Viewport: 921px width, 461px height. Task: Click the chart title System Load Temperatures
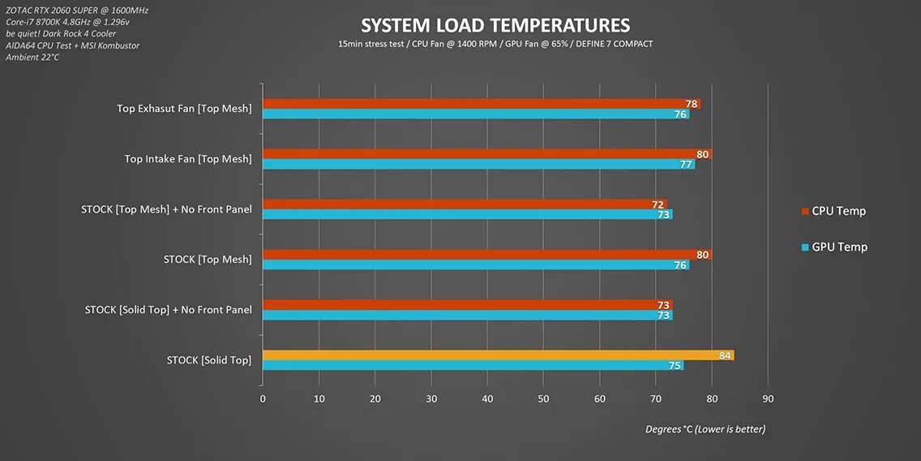click(495, 26)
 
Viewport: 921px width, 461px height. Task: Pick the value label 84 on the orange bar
click(725, 355)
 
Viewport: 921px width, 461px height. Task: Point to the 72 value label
click(658, 205)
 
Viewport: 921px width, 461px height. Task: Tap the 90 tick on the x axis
click(768, 399)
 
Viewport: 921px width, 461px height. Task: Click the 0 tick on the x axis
click(263, 399)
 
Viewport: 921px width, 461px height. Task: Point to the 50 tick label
click(543, 399)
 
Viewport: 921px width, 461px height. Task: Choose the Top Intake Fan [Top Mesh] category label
click(188, 159)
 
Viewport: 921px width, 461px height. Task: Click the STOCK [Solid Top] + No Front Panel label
click(168, 309)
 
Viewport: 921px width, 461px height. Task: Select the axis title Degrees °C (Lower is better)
click(705, 429)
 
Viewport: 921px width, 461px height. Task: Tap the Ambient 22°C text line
click(32, 57)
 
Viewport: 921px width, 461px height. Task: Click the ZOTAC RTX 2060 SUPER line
click(77, 10)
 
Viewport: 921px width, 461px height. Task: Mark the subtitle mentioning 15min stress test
click(495, 44)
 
